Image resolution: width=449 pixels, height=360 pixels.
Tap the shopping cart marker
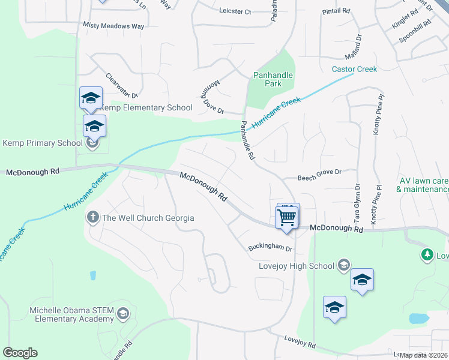point(288,217)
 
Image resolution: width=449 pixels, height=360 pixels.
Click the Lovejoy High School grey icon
point(343,265)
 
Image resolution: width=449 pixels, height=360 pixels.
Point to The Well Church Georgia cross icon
point(93,217)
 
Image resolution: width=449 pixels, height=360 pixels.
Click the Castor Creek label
point(355,69)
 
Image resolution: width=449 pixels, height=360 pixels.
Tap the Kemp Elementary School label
point(146,108)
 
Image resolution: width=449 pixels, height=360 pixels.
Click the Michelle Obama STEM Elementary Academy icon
point(122,313)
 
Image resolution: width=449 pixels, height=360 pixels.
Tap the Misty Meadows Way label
point(114,26)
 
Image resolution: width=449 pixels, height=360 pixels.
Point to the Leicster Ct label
point(235,11)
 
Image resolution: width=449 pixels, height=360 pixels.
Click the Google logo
point(20,353)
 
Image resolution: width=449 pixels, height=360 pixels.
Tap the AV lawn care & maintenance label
point(423,185)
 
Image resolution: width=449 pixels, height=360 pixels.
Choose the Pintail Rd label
point(336,11)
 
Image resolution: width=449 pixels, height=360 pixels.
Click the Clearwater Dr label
point(122,85)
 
